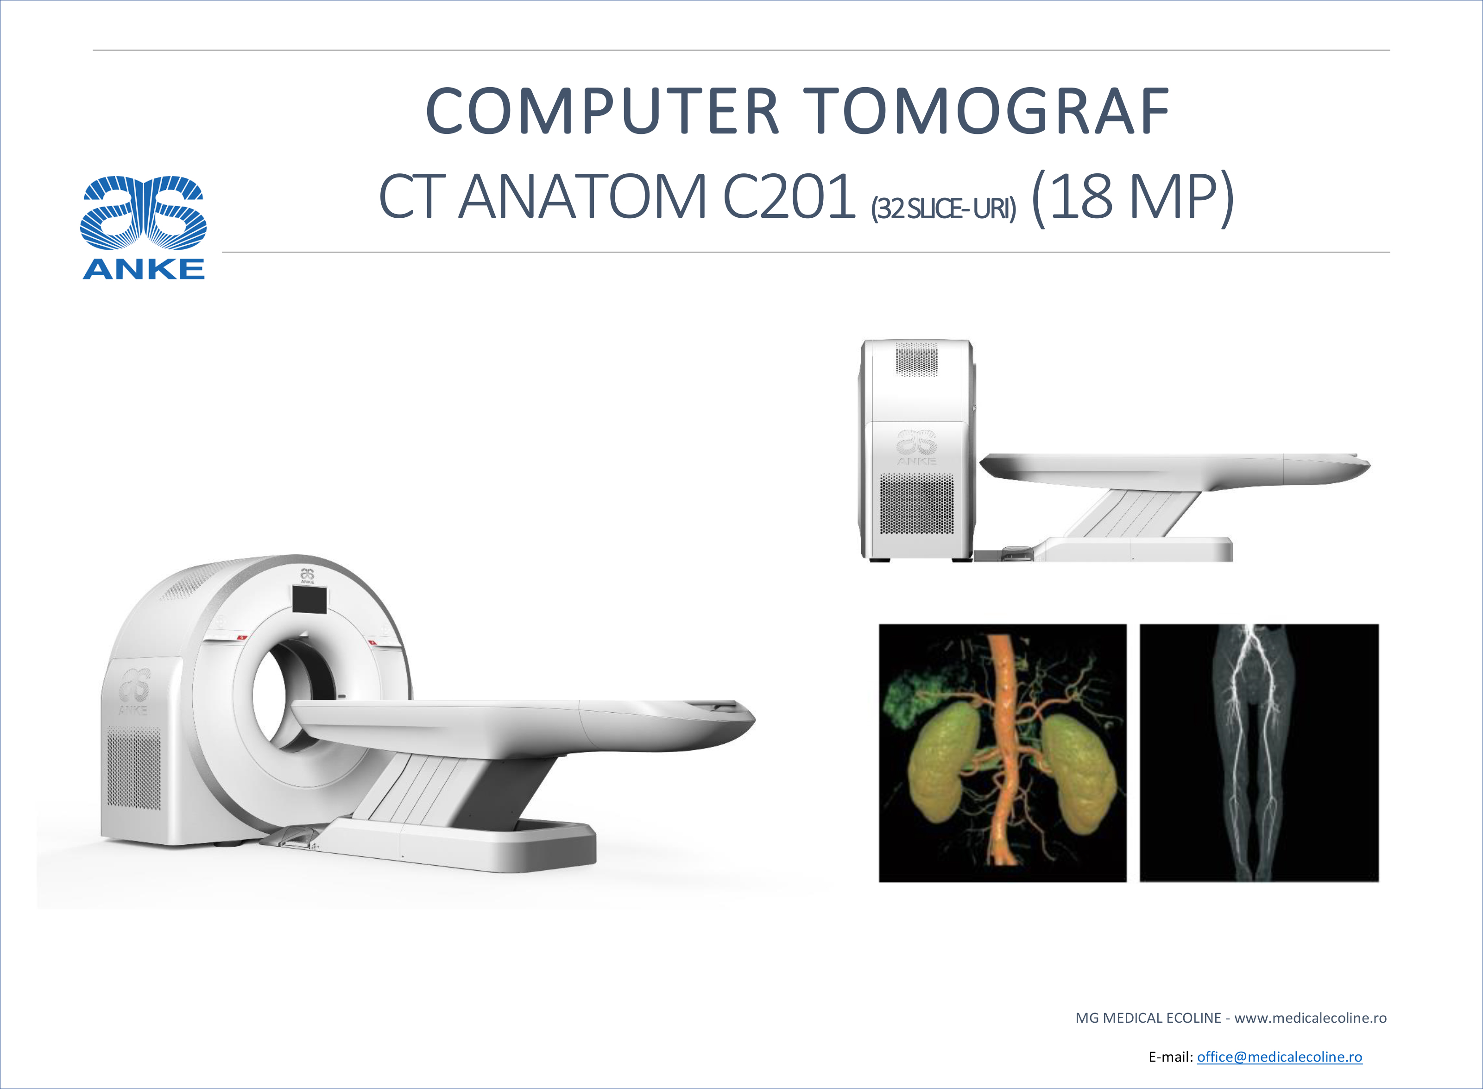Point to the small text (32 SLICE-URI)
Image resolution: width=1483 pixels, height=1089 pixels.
click(x=943, y=209)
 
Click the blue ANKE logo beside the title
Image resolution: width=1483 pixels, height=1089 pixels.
click(x=144, y=228)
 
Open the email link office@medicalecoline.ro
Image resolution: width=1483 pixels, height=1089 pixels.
click(x=1279, y=1057)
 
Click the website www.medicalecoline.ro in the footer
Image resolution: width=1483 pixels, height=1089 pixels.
click(x=1310, y=1018)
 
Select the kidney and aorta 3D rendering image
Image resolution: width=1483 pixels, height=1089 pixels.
click(x=1003, y=753)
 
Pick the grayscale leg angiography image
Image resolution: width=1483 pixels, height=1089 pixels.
click(x=1259, y=753)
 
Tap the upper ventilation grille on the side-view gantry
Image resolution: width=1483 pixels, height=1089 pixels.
click(x=916, y=359)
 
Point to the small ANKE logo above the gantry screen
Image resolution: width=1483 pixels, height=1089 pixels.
click(x=307, y=576)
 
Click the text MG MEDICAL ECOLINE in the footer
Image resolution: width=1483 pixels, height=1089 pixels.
click(x=1148, y=1018)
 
